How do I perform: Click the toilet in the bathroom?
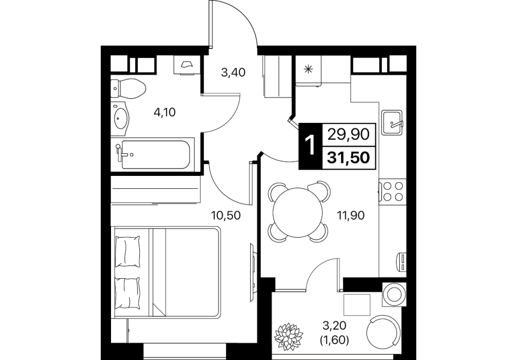pos(128,88)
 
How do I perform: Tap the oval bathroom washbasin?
pos(121,118)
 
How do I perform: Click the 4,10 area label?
pos(164,113)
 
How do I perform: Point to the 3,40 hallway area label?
pos(233,72)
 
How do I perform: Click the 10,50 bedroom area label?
pos(226,215)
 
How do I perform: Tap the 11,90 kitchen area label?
pos(350,215)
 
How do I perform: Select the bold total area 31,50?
pos(348,158)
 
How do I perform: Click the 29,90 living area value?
pos(348,135)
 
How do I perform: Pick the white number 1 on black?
pos(309,146)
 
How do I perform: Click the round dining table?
pos(298,212)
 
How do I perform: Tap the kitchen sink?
pos(392,122)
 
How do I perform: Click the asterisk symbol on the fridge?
pos(308,69)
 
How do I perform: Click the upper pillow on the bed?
pos(127,251)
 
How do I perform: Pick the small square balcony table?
pos(357,304)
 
